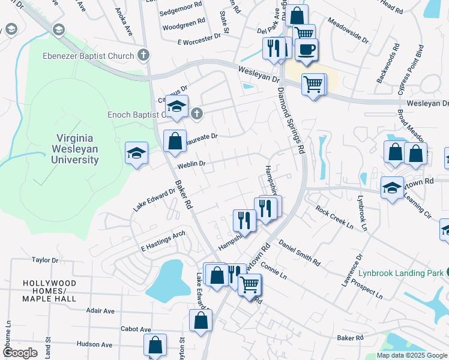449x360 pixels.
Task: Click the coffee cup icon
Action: [307, 50]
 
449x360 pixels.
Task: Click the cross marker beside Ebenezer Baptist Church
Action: [143, 56]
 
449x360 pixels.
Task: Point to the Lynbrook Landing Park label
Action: [401, 272]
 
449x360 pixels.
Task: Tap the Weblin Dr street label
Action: [192, 163]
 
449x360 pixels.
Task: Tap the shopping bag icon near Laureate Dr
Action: [174, 142]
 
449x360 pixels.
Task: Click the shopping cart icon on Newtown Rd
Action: [249, 284]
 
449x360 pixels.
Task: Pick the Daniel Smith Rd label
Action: [299, 253]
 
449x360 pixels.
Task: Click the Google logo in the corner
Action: [20, 353]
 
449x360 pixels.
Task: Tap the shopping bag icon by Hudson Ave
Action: [154, 345]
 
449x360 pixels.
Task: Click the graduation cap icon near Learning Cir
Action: [392, 188]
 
